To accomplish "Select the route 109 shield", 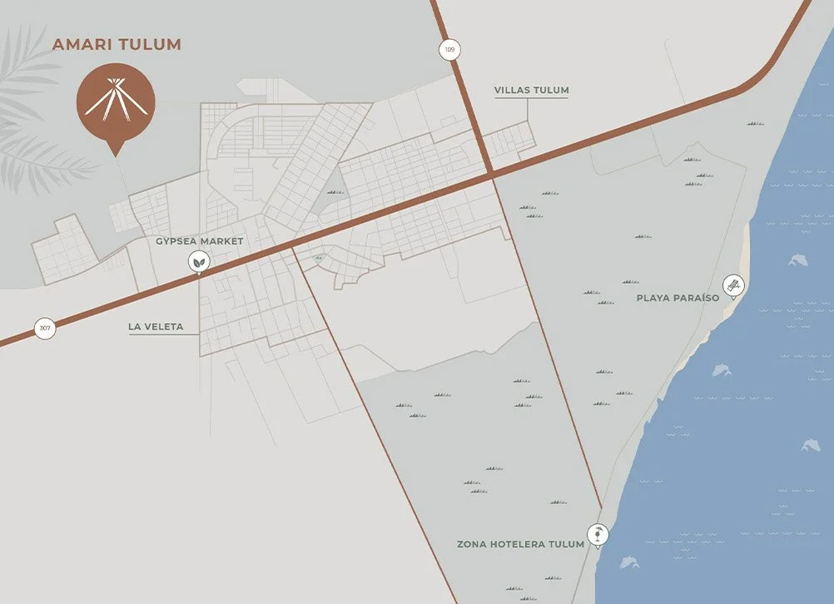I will tap(449, 50).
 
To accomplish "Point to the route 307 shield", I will tap(45, 328).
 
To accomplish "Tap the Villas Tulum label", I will tap(531, 90).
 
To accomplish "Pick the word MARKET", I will tap(225, 241).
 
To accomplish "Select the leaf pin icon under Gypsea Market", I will tap(199, 262).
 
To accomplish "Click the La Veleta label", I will tap(156, 327).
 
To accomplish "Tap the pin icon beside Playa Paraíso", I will tap(732, 286).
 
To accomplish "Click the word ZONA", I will tap(471, 545).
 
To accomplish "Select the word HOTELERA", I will tap(518, 545).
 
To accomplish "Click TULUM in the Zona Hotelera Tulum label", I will tap(566, 545).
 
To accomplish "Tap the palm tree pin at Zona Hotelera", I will tap(598, 534).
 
